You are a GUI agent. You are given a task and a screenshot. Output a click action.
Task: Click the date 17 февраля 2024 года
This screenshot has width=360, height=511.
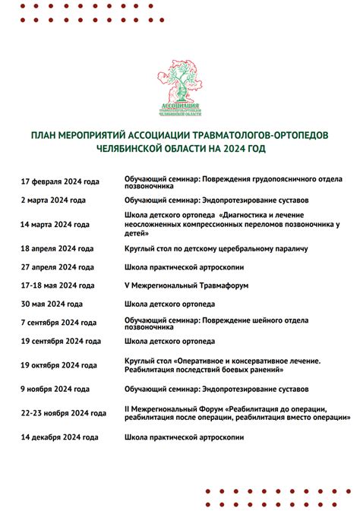click(x=60, y=181)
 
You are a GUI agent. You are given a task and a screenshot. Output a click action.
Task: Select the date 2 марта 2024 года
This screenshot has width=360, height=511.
click(x=53, y=200)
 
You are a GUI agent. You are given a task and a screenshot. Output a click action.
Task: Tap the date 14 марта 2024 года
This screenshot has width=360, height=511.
click(x=55, y=225)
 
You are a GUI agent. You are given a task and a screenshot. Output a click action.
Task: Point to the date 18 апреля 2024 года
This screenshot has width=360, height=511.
click(x=57, y=249)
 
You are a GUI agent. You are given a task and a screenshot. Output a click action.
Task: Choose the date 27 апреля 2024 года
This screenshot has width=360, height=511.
click(x=57, y=267)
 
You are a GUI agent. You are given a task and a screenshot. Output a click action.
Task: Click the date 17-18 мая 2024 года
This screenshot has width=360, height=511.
click(x=58, y=285)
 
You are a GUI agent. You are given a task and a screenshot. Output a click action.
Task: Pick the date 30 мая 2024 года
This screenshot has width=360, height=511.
click(x=52, y=304)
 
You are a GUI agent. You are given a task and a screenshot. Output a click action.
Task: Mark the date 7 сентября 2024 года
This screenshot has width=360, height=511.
click(x=58, y=323)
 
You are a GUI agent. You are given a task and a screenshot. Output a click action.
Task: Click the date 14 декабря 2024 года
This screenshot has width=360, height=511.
click(x=59, y=437)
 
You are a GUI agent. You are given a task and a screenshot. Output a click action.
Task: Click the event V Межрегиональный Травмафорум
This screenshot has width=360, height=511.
click(x=187, y=285)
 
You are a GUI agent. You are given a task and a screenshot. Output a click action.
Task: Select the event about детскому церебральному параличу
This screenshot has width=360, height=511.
click(x=216, y=249)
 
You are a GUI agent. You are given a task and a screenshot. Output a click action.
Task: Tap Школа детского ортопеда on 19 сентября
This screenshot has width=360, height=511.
click(x=169, y=341)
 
